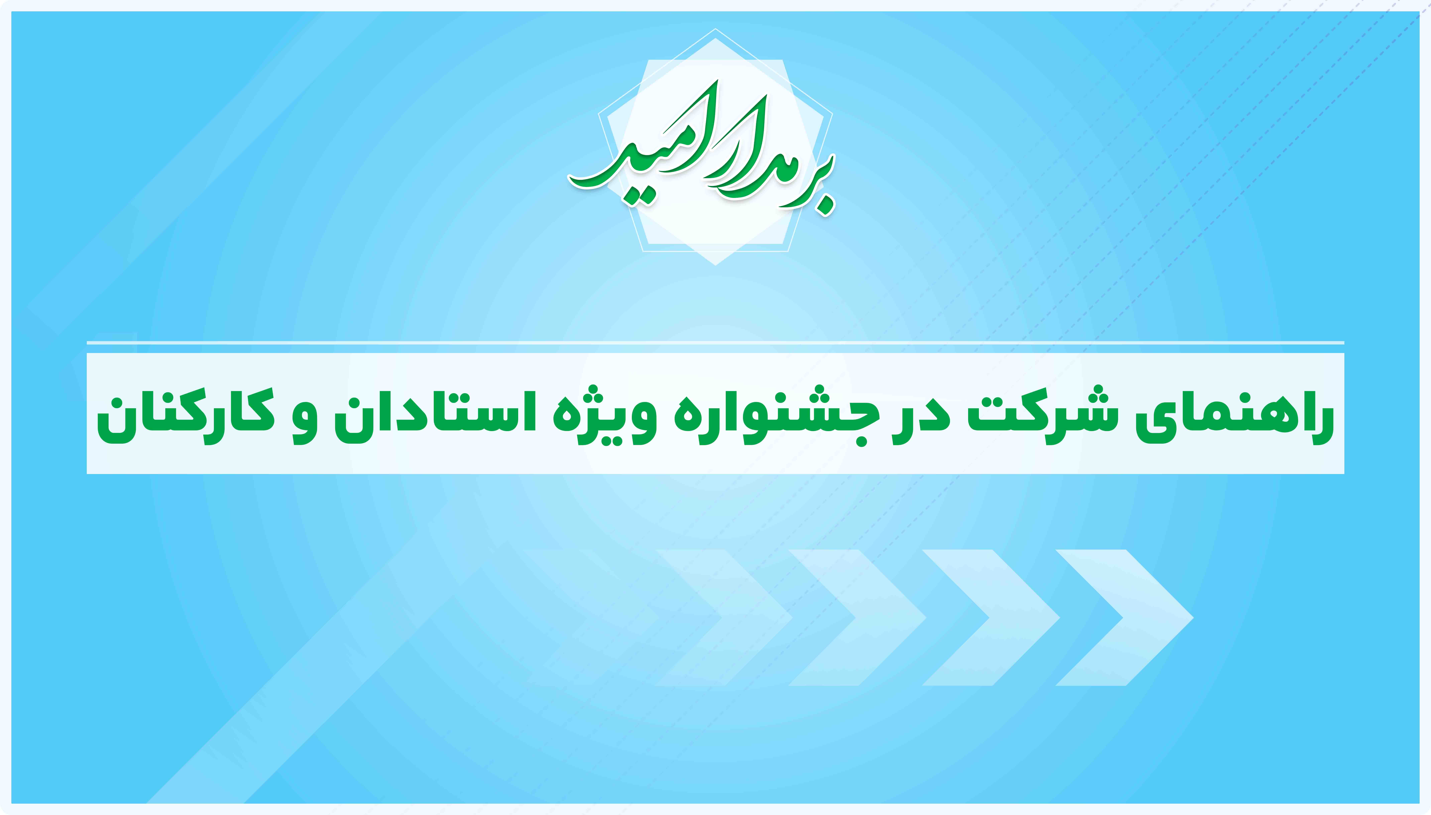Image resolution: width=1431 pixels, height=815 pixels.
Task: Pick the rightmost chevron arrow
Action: click(1125, 617)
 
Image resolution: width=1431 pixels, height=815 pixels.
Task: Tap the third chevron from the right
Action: click(857, 617)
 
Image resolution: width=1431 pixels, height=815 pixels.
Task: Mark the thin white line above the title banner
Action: click(715, 342)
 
